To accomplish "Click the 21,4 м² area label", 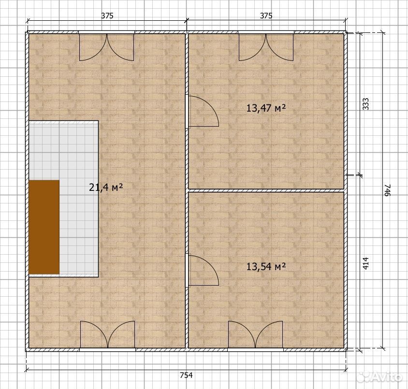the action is (x=106, y=187).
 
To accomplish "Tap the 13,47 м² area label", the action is (x=266, y=108).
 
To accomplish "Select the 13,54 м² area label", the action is (x=266, y=266).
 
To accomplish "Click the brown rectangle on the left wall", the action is (x=44, y=227).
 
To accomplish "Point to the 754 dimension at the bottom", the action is (x=186, y=375).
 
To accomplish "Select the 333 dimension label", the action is (x=366, y=104).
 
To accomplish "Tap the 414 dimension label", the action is (x=366, y=263).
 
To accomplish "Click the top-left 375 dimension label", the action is (x=107, y=16).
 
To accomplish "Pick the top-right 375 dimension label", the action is (x=266, y=16).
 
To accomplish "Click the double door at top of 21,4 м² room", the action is (x=106, y=47).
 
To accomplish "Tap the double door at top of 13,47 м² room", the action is (x=266, y=47).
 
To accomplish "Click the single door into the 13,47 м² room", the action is (x=202, y=112).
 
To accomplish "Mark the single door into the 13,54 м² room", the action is (x=202, y=271).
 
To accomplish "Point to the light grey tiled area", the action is (x=63, y=199).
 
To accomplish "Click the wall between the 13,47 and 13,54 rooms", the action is (x=266, y=190).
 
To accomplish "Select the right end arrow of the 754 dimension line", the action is (x=346, y=368).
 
